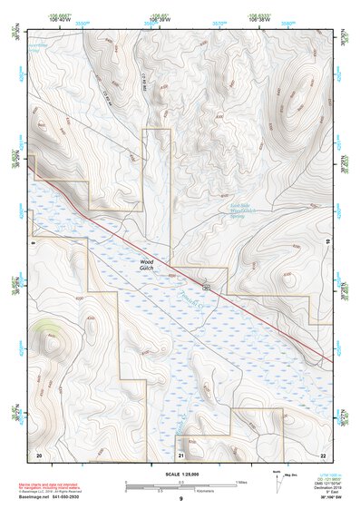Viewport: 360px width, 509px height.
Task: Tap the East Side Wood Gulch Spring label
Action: point(238,211)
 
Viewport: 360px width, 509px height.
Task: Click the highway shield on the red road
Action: point(207,287)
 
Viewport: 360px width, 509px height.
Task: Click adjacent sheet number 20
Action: point(38,454)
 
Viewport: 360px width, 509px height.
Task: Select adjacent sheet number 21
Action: point(180,454)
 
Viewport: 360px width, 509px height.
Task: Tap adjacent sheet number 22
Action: point(323,454)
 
